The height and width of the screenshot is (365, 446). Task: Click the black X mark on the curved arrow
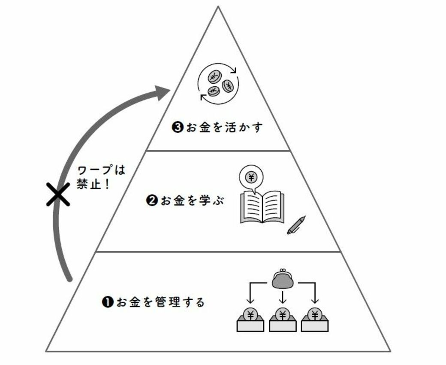tap(58, 194)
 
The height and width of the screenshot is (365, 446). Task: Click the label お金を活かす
tap(224, 127)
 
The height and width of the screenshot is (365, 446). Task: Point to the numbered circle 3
tap(178, 127)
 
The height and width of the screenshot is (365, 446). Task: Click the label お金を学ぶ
tap(193, 201)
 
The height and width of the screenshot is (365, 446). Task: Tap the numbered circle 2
tap(152, 201)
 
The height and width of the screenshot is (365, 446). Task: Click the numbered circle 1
tap(108, 302)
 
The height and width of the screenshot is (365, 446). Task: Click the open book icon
tap(262, 207)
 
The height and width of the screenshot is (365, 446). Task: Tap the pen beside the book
tap(296, 225)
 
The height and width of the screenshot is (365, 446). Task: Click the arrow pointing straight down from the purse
tap(283, 297)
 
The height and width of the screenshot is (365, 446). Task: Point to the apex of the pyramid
tap(218, 6)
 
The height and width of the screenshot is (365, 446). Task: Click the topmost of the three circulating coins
tap(214, 77)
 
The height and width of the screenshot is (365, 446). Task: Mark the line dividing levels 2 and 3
tap(218, 151)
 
